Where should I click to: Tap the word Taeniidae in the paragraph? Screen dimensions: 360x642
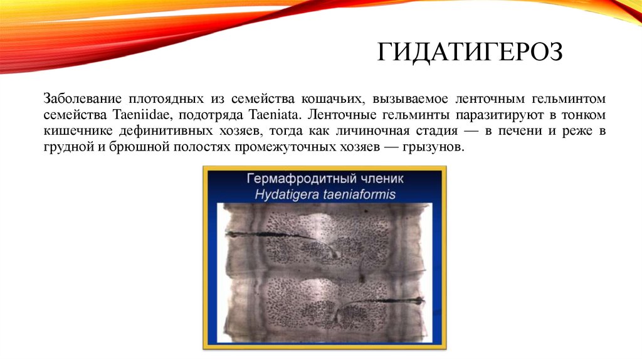[137, 116]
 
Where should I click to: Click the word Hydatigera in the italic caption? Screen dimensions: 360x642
[285, 194]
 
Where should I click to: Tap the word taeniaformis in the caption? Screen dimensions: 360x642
[357, 194]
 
